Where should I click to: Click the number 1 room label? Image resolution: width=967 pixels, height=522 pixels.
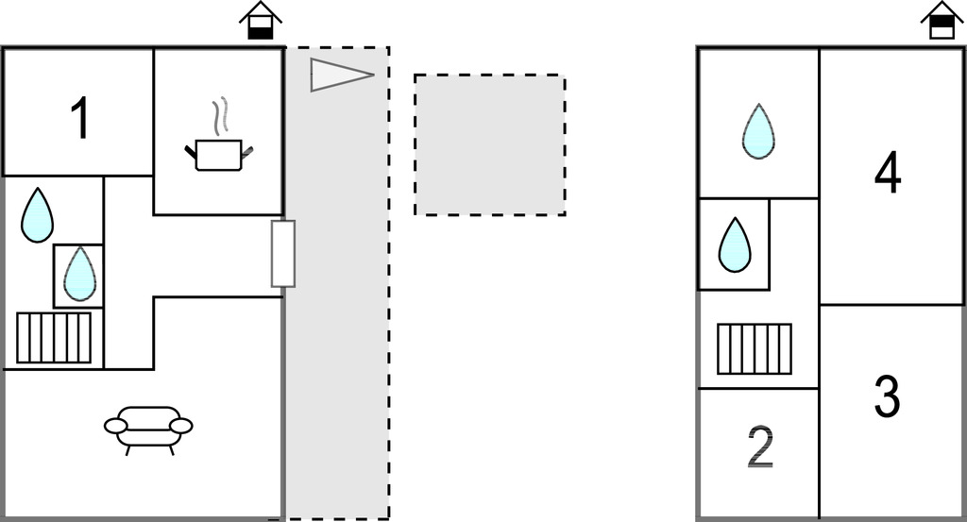click(81, 118)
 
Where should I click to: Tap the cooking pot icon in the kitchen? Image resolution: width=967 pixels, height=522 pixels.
click(219, 155)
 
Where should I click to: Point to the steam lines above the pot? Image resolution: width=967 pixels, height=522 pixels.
click(220, 116)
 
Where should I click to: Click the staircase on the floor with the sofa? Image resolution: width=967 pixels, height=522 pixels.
click(54, 338)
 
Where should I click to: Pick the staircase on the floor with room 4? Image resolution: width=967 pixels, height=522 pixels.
click(755, 349)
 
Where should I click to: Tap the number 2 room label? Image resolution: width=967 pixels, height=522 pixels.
click(760, 447)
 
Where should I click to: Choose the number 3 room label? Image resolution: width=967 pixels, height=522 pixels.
click(887, 396)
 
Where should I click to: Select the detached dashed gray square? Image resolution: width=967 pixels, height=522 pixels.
click(490, 144)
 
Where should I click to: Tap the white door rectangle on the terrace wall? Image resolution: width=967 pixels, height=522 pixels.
click(283, 253)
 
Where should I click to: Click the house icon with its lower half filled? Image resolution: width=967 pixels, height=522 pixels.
click(261, 21)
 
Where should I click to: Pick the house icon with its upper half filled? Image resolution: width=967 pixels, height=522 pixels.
click(942, 21)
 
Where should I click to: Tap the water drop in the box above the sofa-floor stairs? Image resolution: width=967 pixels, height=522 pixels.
click(79, 275)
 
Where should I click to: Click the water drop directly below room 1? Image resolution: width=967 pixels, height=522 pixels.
click(37, 215)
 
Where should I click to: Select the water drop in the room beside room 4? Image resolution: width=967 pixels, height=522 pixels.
click(758, 131)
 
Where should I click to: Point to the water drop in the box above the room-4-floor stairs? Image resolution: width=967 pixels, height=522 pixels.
click(735, 244)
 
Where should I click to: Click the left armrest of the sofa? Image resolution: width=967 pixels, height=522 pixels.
click(115, 425)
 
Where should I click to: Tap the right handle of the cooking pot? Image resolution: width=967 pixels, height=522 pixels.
click(248, 151)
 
